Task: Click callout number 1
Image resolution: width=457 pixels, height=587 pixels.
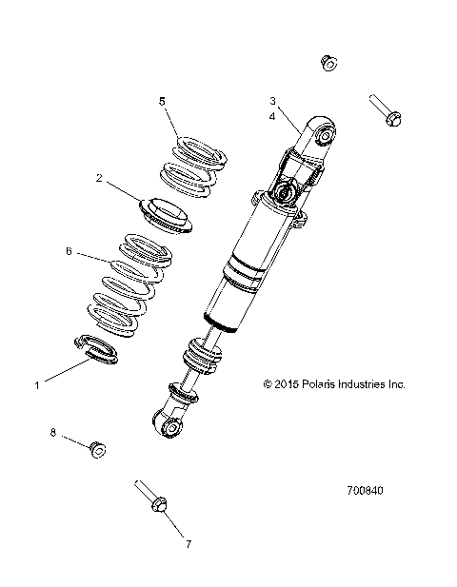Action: [36, 385]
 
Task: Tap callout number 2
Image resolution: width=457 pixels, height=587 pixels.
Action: [99, 177]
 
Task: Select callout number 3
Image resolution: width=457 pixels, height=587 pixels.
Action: [272, 101]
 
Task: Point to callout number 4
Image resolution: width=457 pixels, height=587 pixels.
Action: [272, 116]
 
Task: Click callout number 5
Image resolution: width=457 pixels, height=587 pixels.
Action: [162, 101]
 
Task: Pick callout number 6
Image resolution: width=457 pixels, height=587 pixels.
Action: [69, 252]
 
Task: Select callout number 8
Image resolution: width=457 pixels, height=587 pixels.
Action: [53, 433]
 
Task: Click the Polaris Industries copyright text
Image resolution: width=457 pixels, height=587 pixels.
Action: [333, 385]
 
